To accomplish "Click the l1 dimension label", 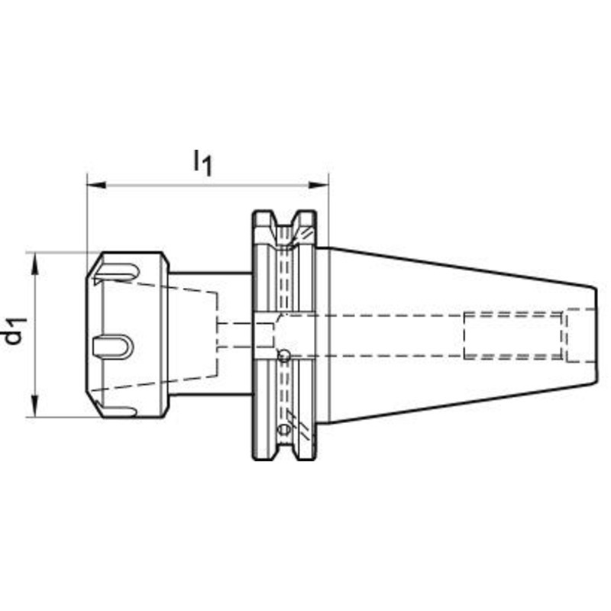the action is click(202, 163).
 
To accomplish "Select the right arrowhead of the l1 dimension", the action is click(318, 185).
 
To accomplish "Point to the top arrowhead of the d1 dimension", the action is click(35, 263).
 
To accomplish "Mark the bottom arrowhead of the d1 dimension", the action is click(35, 406).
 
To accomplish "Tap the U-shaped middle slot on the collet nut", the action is click(113, 347).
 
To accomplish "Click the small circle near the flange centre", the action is click(283, 355).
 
